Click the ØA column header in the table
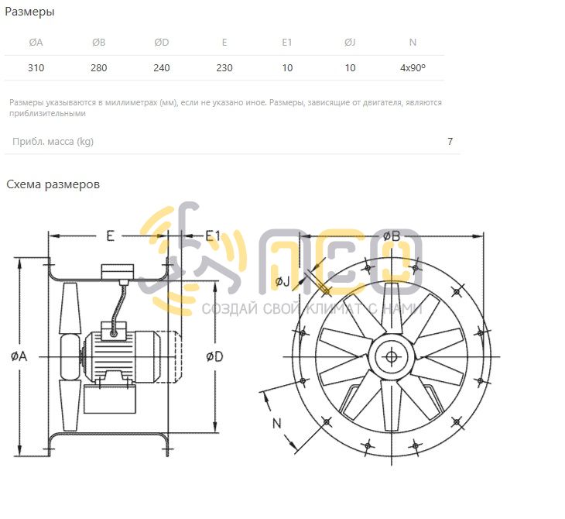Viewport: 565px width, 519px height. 36,43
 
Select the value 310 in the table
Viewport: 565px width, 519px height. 36,68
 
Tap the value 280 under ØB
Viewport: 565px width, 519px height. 99,68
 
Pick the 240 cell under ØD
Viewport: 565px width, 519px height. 162,68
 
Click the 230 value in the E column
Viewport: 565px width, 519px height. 224,68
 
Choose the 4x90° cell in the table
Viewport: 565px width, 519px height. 413,68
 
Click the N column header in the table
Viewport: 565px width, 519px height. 413,43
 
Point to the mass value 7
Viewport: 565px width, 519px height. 450,142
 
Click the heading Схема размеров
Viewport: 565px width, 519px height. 53,184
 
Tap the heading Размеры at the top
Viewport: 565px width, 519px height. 29,12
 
